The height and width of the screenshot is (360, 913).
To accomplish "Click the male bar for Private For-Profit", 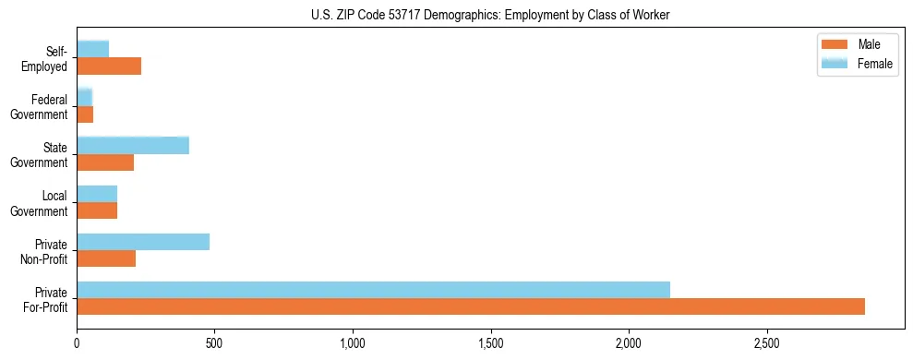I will click(x=471, y=306).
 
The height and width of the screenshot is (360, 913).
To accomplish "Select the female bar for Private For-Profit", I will click(x=373, y=289).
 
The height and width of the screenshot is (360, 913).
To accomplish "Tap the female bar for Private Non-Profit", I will click(x=143, y=241).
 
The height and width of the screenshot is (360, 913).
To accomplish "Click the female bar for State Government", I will click(x=133, y=145).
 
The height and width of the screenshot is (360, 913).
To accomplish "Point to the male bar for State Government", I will click(x=105, y=162).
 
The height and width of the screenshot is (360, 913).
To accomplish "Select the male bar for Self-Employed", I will click(x=109, y=66).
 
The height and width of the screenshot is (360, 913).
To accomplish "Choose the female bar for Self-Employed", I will click(x=93, y=49).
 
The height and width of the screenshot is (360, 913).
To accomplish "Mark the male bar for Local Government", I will click(x=97, y=210).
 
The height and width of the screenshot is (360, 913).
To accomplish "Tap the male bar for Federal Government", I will click(x=85, y=114).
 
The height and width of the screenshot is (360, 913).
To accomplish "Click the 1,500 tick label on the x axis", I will click(x=491, y=344).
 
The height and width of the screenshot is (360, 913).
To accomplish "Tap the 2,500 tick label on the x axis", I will click(x=767, y=344).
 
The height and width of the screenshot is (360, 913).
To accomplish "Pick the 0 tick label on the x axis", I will click(x=78, y=344).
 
